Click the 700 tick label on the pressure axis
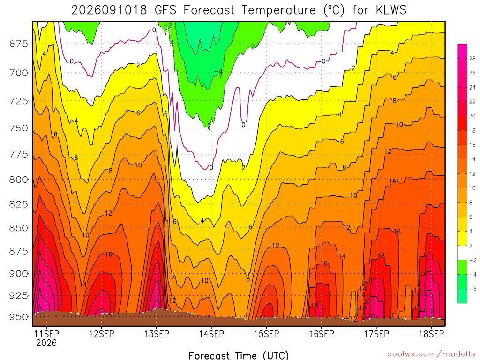tap(19, 73)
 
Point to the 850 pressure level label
tap(19, 228)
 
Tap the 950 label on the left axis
tap(19, 317)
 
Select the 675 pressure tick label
tap(19, 44)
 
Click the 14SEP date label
tap(211, 334)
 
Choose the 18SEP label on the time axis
tap(431, 334)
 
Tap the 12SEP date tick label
tap(102, 334)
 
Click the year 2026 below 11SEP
tap(46, 343)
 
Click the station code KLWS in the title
tap(391, 10)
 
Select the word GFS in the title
tap(165, 10)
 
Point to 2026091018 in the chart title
tap(109, 10)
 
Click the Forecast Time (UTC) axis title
tap(239, 355)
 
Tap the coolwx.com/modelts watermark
tap(431, 354)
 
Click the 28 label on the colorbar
tap(472, 59)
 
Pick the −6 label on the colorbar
tap(472, 289)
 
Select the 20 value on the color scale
tap(472, 116)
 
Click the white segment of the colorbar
tap(463, 253)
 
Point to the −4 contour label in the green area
tap(218, 72)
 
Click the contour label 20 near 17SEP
tap(367, 301)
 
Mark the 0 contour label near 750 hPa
tap(243, 125)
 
